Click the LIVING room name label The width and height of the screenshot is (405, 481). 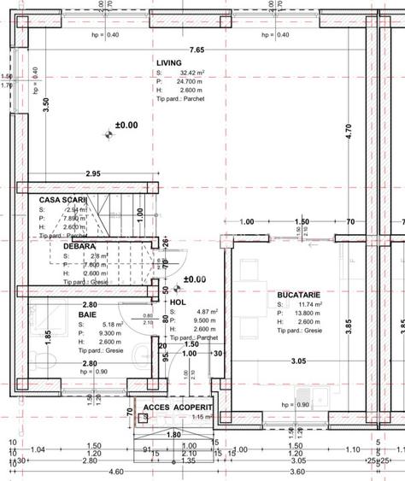(x=169, y=63)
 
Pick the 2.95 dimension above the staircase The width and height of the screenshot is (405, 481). (x=92, y=174)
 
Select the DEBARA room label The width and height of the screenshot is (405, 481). (x=79, y=246)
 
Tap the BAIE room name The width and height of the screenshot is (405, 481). (x=87, y=314)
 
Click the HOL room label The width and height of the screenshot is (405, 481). (x=178, y=302)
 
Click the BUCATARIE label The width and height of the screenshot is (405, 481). (x=299, y=295)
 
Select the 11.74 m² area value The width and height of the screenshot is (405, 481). (x=307, y=304)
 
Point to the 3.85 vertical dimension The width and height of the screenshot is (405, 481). (x=347, y=326)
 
